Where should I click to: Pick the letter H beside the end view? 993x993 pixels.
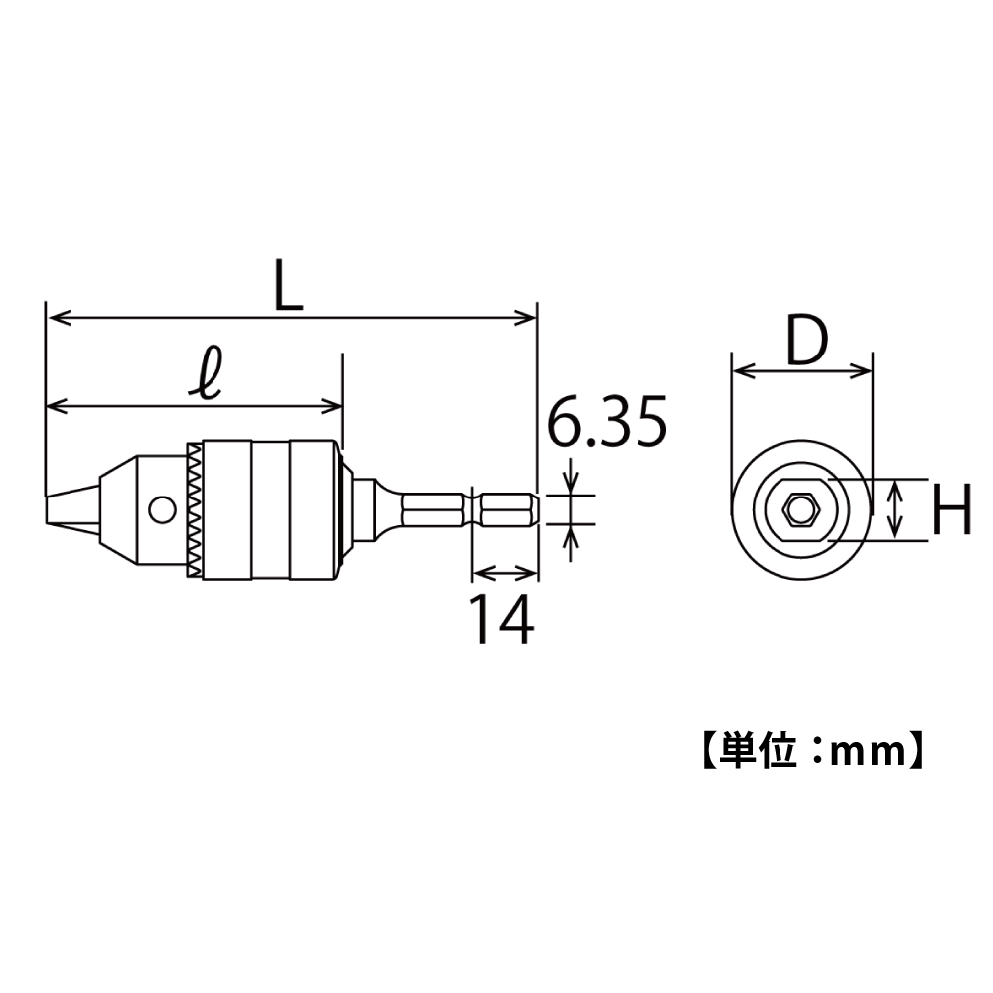[x=952, y=509]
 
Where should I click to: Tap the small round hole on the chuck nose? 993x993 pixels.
[x=158, y=510]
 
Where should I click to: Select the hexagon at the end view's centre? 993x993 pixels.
[x=800, y=510]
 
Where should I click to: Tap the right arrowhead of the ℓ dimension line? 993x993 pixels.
[x=333, y=405]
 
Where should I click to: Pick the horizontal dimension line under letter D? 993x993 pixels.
[x=801, y=372]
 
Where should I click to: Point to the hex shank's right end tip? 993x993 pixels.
[x=536, y=510]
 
